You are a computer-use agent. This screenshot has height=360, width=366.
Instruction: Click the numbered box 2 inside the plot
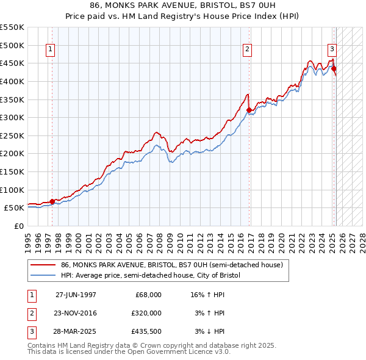pyautogui.click(x=248, y=50)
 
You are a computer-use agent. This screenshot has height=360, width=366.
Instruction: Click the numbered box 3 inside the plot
pyautogui.click(x=332, y=50)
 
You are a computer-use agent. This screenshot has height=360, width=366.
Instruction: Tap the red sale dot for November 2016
pyautogui.click(x=249, y=110)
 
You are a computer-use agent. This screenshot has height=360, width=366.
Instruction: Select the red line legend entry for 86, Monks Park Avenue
pyautogui.click(x=171, y=265)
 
